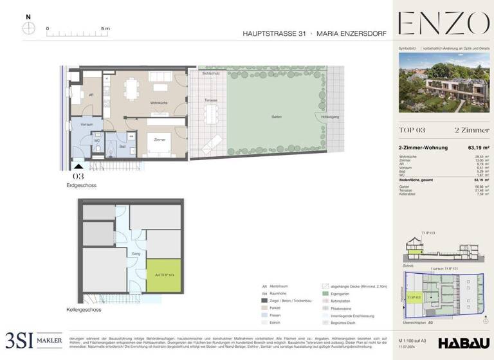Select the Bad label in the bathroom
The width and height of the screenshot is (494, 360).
click(x=122, y=147)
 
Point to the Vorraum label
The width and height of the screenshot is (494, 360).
click(x=87, y=124)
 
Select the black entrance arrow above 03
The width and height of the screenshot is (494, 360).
click(x=78, y=166)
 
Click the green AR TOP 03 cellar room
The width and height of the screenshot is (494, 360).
click(x=163, y=274)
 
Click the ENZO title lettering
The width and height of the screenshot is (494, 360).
click(x=443, y=24)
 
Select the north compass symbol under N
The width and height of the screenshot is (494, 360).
click(x=28, y=28)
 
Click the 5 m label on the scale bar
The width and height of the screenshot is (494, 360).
click(x=105, y=29)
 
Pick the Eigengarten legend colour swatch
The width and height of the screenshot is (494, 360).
click(x=325, y=293)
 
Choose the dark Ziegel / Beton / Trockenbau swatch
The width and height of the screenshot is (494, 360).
click(x=264, y=300)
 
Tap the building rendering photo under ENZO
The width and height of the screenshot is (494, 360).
click(x=443, y=84)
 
